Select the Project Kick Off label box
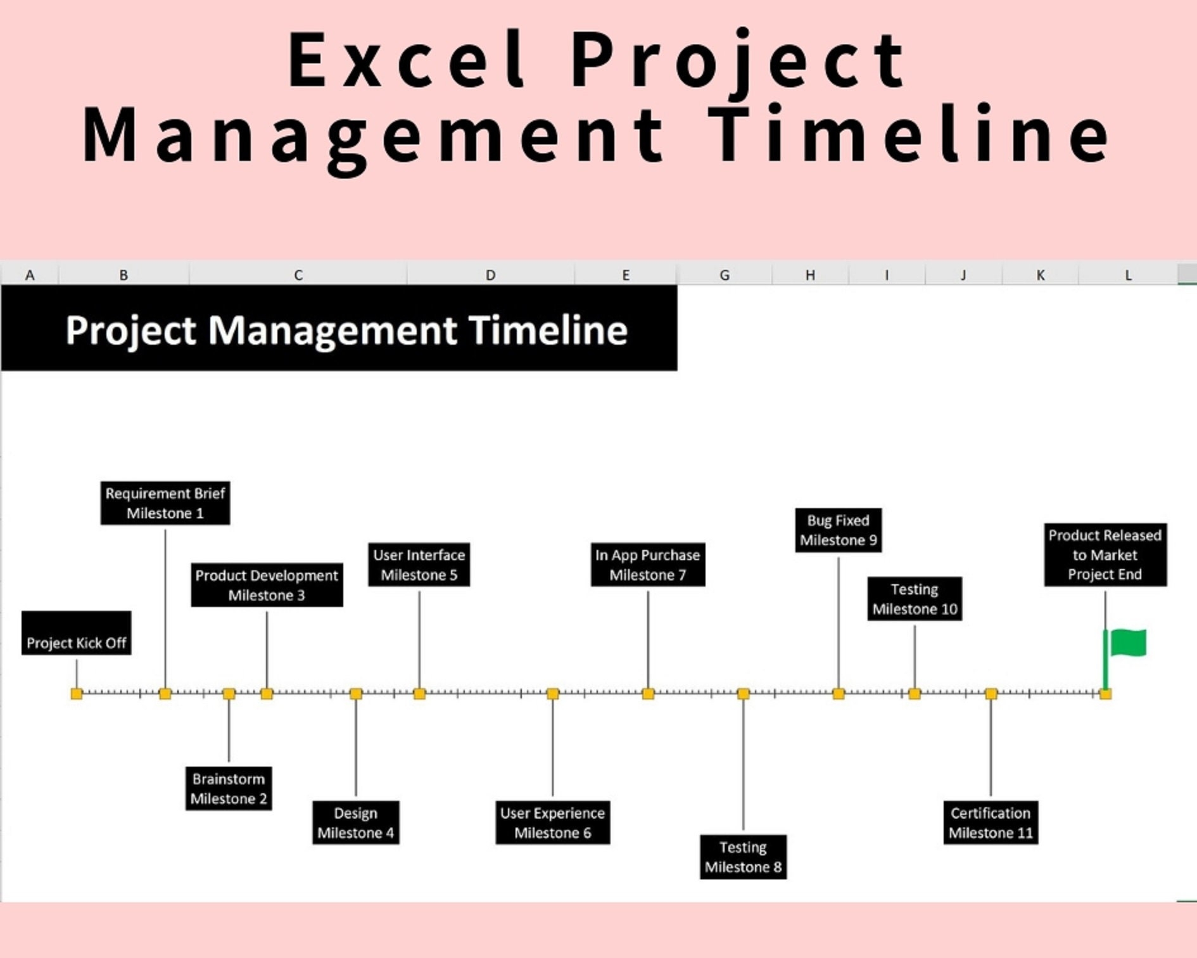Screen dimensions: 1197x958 pyautogui.click(x=77, y=633)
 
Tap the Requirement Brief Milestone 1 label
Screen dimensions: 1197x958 pyautogui.click(x=165, y=503)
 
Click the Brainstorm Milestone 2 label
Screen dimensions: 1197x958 pyautogui.click(x=229, y=788)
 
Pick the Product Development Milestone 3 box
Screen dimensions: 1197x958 pyautogui.click(x=267, y=585)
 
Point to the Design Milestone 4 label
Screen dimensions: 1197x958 pyautogui.click(x=356, y=822)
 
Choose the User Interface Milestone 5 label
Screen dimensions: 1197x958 pyautogui.click(x=419, y=565)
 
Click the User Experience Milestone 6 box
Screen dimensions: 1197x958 pyautogui.click(x=553, y=822)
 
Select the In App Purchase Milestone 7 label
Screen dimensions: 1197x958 pyautogui.click(x=648, y=565)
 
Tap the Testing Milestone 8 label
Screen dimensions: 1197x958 pyautogui.click(x=744, y=857)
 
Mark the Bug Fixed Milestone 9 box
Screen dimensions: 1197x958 pyautogui.click(x=839, y=530)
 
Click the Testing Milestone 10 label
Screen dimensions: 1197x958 pyautogui.click(x=915, y=599)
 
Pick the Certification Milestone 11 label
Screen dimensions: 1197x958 pyautogui.click(x=991, y=822)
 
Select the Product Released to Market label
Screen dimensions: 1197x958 pyautogui.click(x=1105, y=555)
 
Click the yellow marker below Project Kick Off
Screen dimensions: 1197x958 pyautogui.click(x=77, y=694)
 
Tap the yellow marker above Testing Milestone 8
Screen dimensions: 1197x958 pyautogui.click(x=744, y=694)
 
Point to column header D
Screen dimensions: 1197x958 pyautogui.click(x=491, y=275)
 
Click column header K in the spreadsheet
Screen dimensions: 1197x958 pyautogui.click(x=1041, y=275)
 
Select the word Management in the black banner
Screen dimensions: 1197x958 pyautogui.click(x=332, y=330)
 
